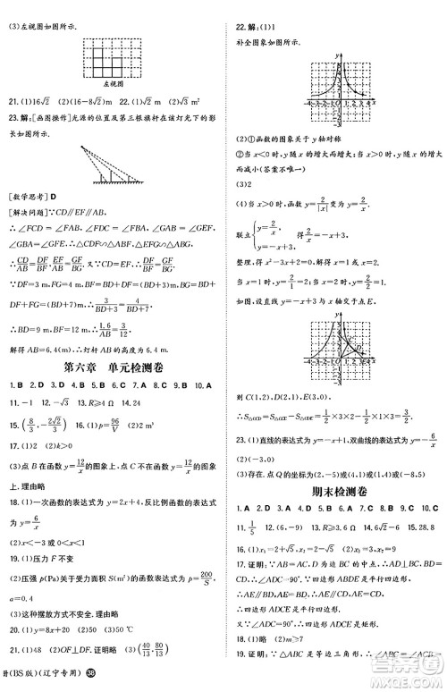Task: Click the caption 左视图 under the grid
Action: coord(112,82)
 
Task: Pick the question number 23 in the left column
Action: coord(12,120)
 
